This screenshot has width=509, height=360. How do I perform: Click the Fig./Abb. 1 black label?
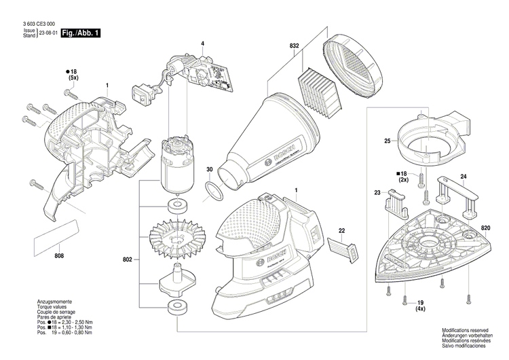(x=80, y=33)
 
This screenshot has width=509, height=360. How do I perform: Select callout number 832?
(x=294, y=46)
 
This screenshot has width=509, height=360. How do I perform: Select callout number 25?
(x=387, y=141)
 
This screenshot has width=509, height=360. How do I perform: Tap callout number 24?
(x=464, y=178)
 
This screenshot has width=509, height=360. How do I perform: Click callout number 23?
(x=378, y=194)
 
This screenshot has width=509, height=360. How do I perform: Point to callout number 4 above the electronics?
(x=202, y=44)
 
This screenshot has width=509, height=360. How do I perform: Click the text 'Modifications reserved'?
(x=465, y=329)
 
